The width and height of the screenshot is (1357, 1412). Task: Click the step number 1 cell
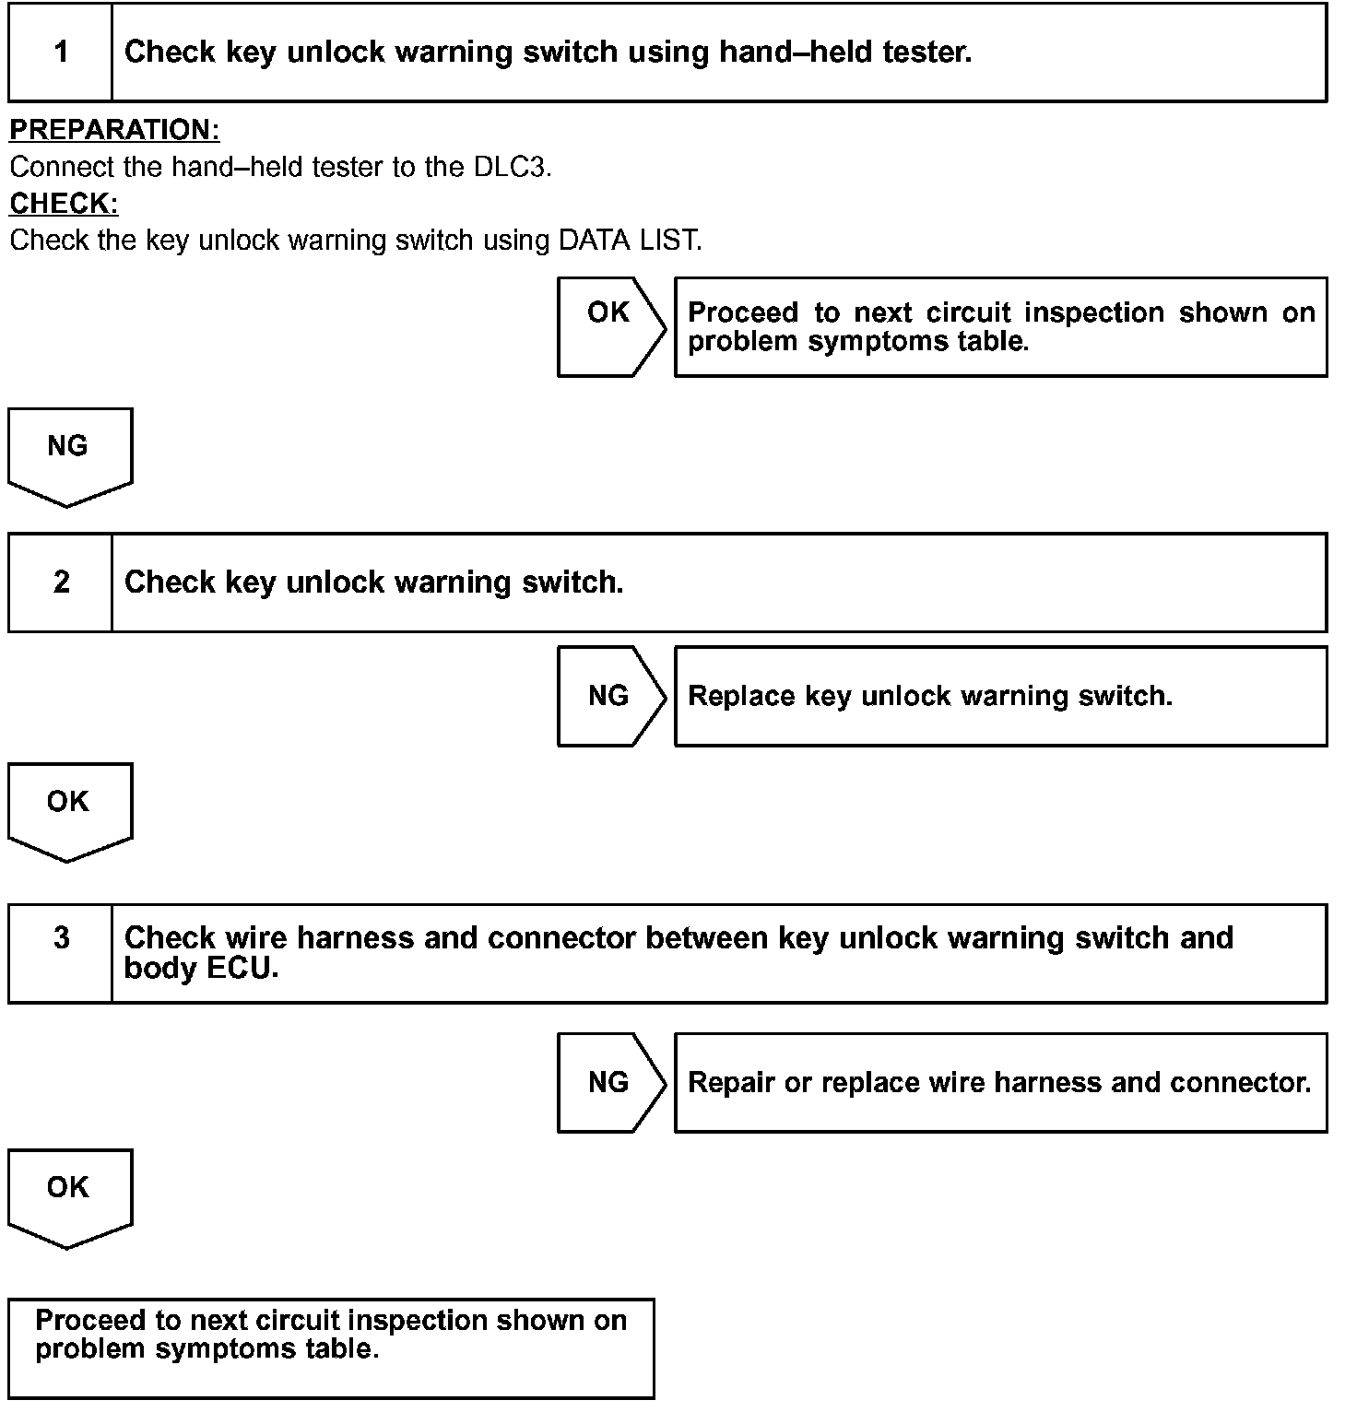61,52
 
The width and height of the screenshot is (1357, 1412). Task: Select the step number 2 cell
61,582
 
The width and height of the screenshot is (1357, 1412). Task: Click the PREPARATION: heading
114,130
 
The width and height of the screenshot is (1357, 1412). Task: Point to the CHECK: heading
64,203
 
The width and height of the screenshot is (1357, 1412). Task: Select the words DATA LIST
629,241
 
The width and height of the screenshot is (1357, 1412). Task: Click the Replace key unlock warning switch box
1000,696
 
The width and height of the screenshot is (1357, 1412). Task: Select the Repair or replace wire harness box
1000,1083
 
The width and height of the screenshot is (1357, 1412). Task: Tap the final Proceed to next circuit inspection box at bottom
331,1347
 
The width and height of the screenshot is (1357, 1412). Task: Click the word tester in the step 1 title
926,52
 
